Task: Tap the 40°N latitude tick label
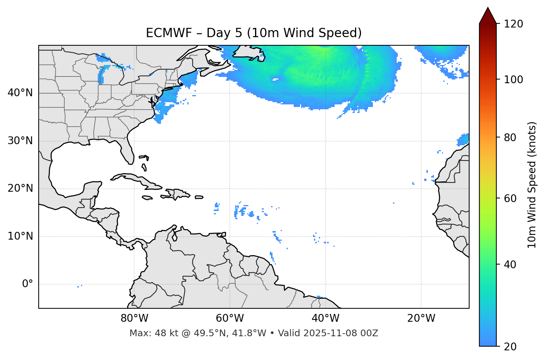point(20,93)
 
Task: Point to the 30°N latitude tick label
point(20,141)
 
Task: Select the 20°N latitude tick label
point(20,188)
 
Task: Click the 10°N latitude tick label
point(20,236)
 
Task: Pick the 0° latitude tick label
point(27,284)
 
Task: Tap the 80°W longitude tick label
point(134,318)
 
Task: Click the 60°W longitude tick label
point(230,318)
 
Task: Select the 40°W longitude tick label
point(325,318)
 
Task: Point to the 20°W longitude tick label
point(421,318)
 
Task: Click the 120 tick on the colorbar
point(513,24)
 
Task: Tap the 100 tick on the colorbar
point(513,80)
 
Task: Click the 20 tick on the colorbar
point(511,346)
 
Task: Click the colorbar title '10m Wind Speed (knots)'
point(532,185)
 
